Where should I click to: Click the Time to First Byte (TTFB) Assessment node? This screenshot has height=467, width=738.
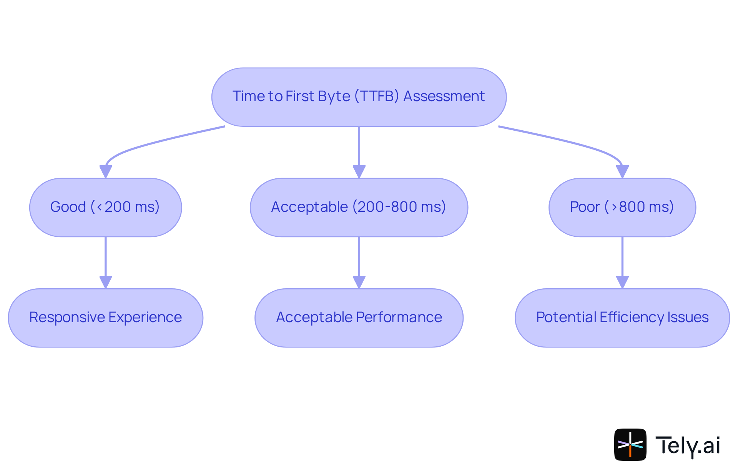pyautogui.click(x=359, y=97)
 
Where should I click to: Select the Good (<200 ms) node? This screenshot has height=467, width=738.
pyautogui.click(x=105, y=207)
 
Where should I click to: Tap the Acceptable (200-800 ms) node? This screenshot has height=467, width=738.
pyautogui.click(x=359, y=207)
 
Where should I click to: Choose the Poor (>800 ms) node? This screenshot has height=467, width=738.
pyautogui.click(x=622, y=207)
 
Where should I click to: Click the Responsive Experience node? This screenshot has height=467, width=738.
pyautogui.click(x=105, y=318)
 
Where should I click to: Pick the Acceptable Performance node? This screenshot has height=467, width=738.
pyautogui.click(x=359, y=318)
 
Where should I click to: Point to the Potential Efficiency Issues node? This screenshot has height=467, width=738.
pyautogui.click(x=622, y=318)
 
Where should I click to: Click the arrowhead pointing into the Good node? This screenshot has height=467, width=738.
pyautogui.click(x=105, y=171)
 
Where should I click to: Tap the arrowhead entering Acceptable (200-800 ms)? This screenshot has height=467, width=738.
pyautogui.click(x=359, y=171)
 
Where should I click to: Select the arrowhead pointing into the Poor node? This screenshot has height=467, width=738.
pyautogui.click(x=622, y=171)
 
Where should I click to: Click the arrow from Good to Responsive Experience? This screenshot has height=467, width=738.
pyautogui.click(x=105, y=258)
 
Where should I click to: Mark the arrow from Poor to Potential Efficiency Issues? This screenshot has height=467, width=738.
pyautogui.click(x=622, y=258)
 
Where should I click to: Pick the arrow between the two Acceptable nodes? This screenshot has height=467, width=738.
pyautogui.click(x=359, y=258)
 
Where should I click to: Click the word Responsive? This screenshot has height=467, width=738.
pyautogui.click(x=67, y=317)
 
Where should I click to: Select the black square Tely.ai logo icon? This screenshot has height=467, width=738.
pyautogui.click(x=630, y=444)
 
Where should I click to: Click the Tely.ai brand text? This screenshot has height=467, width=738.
pyautogui.click(x=687, y=445)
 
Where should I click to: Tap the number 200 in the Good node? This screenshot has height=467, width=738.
pyautogui.click(x=118, y=207)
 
